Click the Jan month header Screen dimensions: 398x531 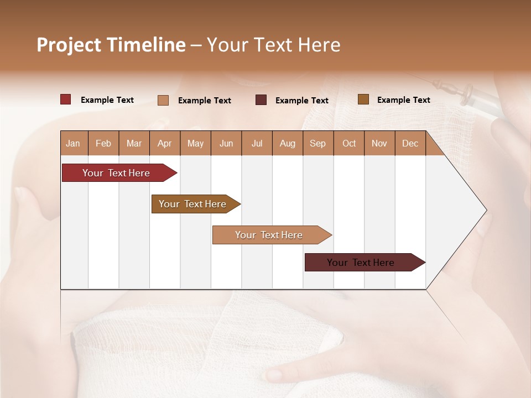(74, 143)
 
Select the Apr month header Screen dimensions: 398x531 (165, 143)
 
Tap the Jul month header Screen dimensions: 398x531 (257, 143)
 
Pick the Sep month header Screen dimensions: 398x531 (317, 143)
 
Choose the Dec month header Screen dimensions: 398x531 (410, 143)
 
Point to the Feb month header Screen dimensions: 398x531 (103, 143)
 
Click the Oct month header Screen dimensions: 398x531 (349, 143)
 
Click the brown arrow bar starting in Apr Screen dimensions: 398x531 (194, 204)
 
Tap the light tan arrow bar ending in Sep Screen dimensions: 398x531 (269, 235)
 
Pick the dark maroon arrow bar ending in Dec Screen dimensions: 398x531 (362, 263)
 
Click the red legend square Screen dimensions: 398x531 (66, 99)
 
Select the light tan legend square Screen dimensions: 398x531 (163, 100)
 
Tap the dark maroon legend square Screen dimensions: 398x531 (261, 100)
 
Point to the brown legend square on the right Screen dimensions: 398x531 (363, 99)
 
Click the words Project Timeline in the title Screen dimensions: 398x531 (111, 45)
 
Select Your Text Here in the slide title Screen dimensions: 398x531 (274, 45)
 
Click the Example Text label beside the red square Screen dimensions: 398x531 (107, 100)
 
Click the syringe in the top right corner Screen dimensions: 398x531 (470, 94)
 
